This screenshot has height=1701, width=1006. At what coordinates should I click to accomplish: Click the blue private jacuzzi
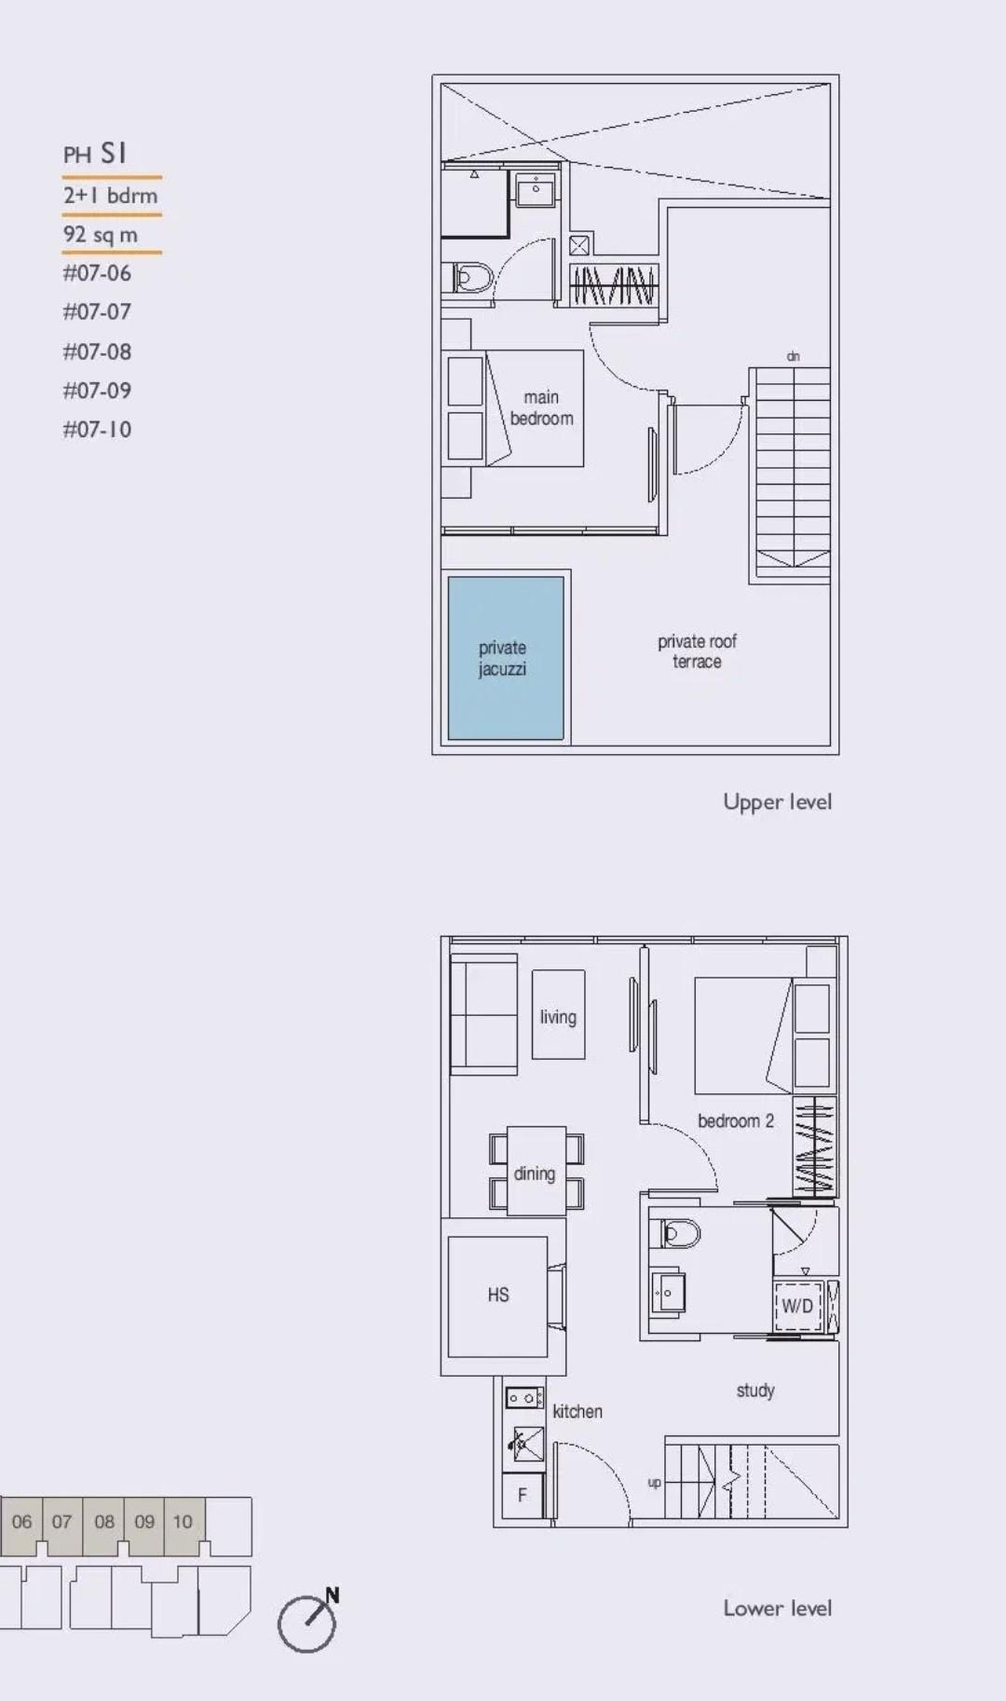(x=505, y=658)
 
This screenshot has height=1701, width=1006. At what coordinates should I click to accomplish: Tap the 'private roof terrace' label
(x=697, y=652)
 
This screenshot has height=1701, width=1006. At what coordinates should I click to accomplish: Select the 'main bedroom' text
(x=541, y=408)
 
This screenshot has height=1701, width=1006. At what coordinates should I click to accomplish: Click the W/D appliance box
(x=796, y=1306)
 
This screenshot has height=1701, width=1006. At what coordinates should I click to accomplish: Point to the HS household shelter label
(x=498, y=1295)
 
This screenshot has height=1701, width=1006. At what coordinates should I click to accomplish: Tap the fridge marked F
(x=522, y=1495)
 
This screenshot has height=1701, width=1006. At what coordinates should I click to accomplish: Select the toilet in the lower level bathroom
(x=681, y=1233)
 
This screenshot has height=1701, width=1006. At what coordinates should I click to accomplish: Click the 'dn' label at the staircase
(x=793, y=356)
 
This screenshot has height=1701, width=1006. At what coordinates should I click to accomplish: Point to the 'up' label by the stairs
(x=654, y=1482)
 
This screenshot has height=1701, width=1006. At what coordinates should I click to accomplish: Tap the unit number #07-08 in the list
(x=97, y=351)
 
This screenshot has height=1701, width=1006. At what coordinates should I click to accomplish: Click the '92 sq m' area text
(x=101, y=235)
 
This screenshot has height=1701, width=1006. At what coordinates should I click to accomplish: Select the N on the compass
(x=333, y=1595)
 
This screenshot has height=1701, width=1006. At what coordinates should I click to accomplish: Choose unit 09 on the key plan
(x=143, y=1522)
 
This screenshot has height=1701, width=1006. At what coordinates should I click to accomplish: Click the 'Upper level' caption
(x=777, y=802)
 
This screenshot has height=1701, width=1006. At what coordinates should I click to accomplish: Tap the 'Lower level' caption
(x=777, y=1608)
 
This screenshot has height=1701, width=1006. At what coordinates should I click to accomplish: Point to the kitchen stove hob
(x=524, y=1398)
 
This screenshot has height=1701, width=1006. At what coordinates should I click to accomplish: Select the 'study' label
(x=755, y=1391)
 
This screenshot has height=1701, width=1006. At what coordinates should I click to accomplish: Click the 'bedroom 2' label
(x=735, y=1121)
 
